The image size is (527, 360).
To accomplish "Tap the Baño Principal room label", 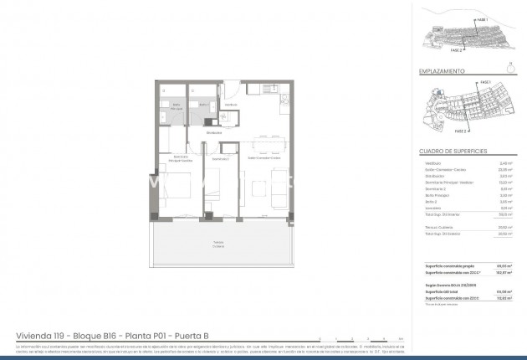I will tap(166, 107).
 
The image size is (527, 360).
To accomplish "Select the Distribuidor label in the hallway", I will tap(213, 131).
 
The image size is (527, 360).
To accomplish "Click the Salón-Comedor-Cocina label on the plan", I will tap(262, 158).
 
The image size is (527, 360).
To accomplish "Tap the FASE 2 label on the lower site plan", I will tap(459, 131).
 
